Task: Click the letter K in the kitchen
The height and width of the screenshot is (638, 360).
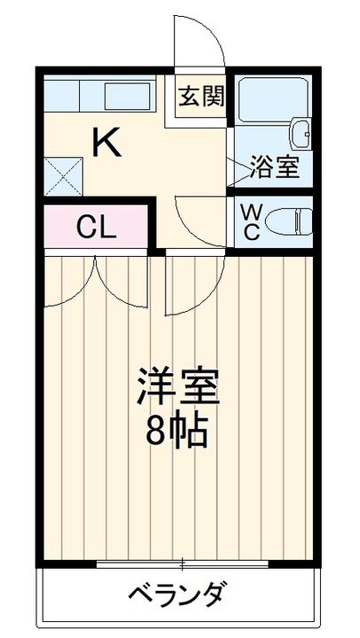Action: [106, 141]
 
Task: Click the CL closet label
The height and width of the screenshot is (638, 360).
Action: [95, 228]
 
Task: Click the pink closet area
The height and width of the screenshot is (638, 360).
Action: [95, 228]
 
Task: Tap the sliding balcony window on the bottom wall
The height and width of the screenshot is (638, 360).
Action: [181, 563]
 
